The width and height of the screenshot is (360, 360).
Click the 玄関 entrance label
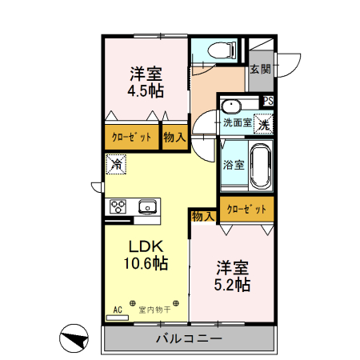pyautogui.click(x=259, y=69)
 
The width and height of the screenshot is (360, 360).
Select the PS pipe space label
pyautogui.click(x=268, y=101)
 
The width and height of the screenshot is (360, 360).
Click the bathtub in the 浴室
pyautogui.click(x=261, y=165)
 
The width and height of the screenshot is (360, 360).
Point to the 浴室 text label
pyautogui.click(x=234, y=166)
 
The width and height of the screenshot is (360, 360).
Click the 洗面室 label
pyautogui.click(x=237, y=123)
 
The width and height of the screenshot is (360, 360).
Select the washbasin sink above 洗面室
pyautogui.click(x=232, y=106)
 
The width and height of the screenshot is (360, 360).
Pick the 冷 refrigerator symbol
pyautogui.click(x=116, y=166)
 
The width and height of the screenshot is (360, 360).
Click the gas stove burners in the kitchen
pyautogui.click(x=119, y=206)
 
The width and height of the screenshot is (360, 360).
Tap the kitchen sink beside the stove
pyautogui.click(x=148, y=207)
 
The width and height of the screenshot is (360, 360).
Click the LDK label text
pyautogui.click(x=146, y=246)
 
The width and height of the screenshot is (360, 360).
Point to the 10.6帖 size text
pyautogui.click(x=146, y=263)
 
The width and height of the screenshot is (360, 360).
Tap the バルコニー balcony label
pyautogui.click(x=189, y=339)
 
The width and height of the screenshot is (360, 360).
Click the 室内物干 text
pyautogui.click(x=153, y=309)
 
